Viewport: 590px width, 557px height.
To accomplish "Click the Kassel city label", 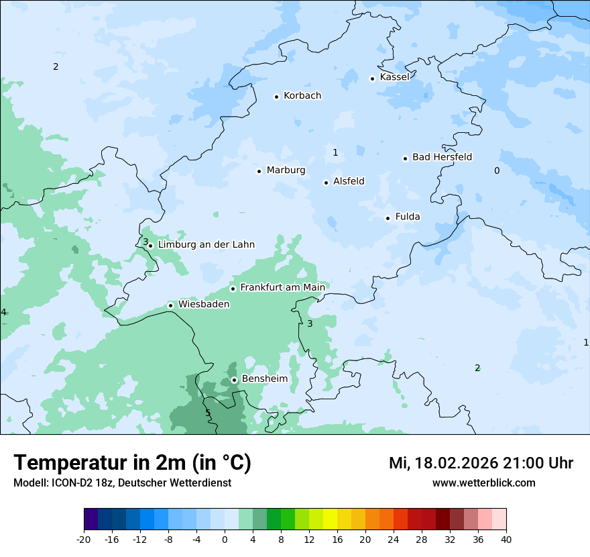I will click(x=394, y=77).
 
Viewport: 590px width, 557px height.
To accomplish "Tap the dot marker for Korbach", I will click(x=276, y=97).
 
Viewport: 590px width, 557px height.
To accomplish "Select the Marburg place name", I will click(x=286, y=170).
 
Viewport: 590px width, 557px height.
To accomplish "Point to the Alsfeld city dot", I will click(x=327, y=183).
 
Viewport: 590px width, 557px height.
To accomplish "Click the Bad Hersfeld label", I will click(x=442, y=157).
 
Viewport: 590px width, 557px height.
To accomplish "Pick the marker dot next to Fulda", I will click(x=388, y=218).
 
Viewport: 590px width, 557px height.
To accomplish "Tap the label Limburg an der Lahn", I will click(x=206, y=245).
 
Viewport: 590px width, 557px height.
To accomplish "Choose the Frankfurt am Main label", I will click(x=282, y=287).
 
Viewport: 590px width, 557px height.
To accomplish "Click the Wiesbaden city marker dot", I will click(x=171, y=305).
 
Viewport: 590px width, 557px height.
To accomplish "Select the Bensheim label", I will click(x=264, y=378).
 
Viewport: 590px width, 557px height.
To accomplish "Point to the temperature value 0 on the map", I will click(x=497, y=170).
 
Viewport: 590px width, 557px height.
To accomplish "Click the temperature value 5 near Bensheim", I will click(x=208, y=413).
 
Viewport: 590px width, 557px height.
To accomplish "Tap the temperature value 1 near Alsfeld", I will click(x=335, y=152).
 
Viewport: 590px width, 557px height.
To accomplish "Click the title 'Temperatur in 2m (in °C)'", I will click(x=132, y=463).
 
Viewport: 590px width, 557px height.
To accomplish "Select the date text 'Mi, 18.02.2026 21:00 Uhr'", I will click(x=481, y=463).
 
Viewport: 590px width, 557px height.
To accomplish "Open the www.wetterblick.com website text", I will click(x=483, y=483).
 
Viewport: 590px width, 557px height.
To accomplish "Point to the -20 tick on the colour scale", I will click(x=84, y=539).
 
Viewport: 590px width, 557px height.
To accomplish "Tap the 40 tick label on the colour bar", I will click(x=506, y=539).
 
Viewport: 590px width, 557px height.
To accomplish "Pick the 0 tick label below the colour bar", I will click(x=225, y=539).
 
